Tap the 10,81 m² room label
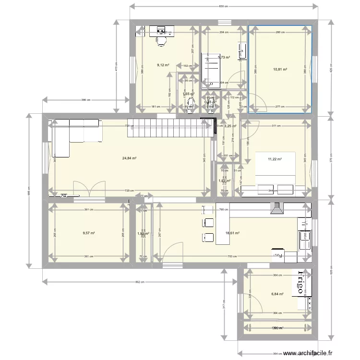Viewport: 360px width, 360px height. [x=280, y=70]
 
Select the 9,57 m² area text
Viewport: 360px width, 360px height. [x=88, y=233]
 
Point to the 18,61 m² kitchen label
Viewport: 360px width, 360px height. [x=232, y=233]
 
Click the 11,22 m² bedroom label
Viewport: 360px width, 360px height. [x=275, y=159]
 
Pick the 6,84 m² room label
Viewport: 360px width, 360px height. [x=277, y=294]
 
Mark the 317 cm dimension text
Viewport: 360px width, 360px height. [x=224, y=304]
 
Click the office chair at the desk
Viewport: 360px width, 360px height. [x=161, y=41]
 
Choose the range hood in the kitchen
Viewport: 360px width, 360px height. [x=276, y=208]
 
